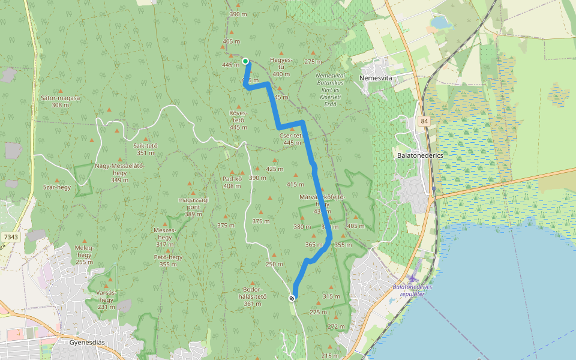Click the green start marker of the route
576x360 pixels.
(x=245, y=61)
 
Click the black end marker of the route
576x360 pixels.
(x=292, y=298)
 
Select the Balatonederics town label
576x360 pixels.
(x=419, y=155)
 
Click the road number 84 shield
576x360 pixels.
(x=425, y=121)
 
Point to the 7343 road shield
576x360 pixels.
(x=10, y=238)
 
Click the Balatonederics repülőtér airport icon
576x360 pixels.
(x=413, y=279)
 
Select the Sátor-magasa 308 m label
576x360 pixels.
(x=61, y=101)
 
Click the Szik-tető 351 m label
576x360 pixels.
(x=145, y=149)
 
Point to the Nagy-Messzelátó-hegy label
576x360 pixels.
(x=119, y=173)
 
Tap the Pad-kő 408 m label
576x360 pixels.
(x=232, y=182)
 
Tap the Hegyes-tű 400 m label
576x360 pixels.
(x=281, y=67)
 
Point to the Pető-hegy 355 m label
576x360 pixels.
(x=168, y=260)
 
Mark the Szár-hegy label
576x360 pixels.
(x=57, y=187)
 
